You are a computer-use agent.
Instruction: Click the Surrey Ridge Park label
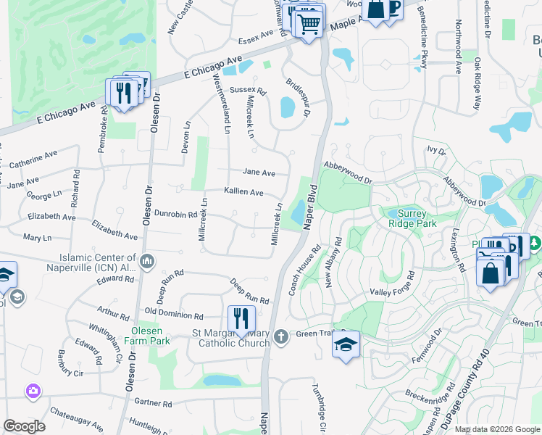pos(412,219)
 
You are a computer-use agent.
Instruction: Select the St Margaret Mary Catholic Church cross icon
pos(282,336)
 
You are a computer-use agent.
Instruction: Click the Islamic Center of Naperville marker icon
pos(147,260)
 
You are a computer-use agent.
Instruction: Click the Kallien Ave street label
pos(243,192)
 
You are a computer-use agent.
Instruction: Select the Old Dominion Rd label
pos(173,313)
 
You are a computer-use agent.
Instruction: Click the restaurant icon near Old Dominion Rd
pos(241,319)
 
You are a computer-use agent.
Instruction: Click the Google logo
pos(24,426)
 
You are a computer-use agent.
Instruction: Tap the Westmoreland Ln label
pos(222,105)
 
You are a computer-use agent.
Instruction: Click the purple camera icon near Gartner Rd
pos(33,391)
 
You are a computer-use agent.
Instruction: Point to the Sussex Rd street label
pos(248,91)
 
